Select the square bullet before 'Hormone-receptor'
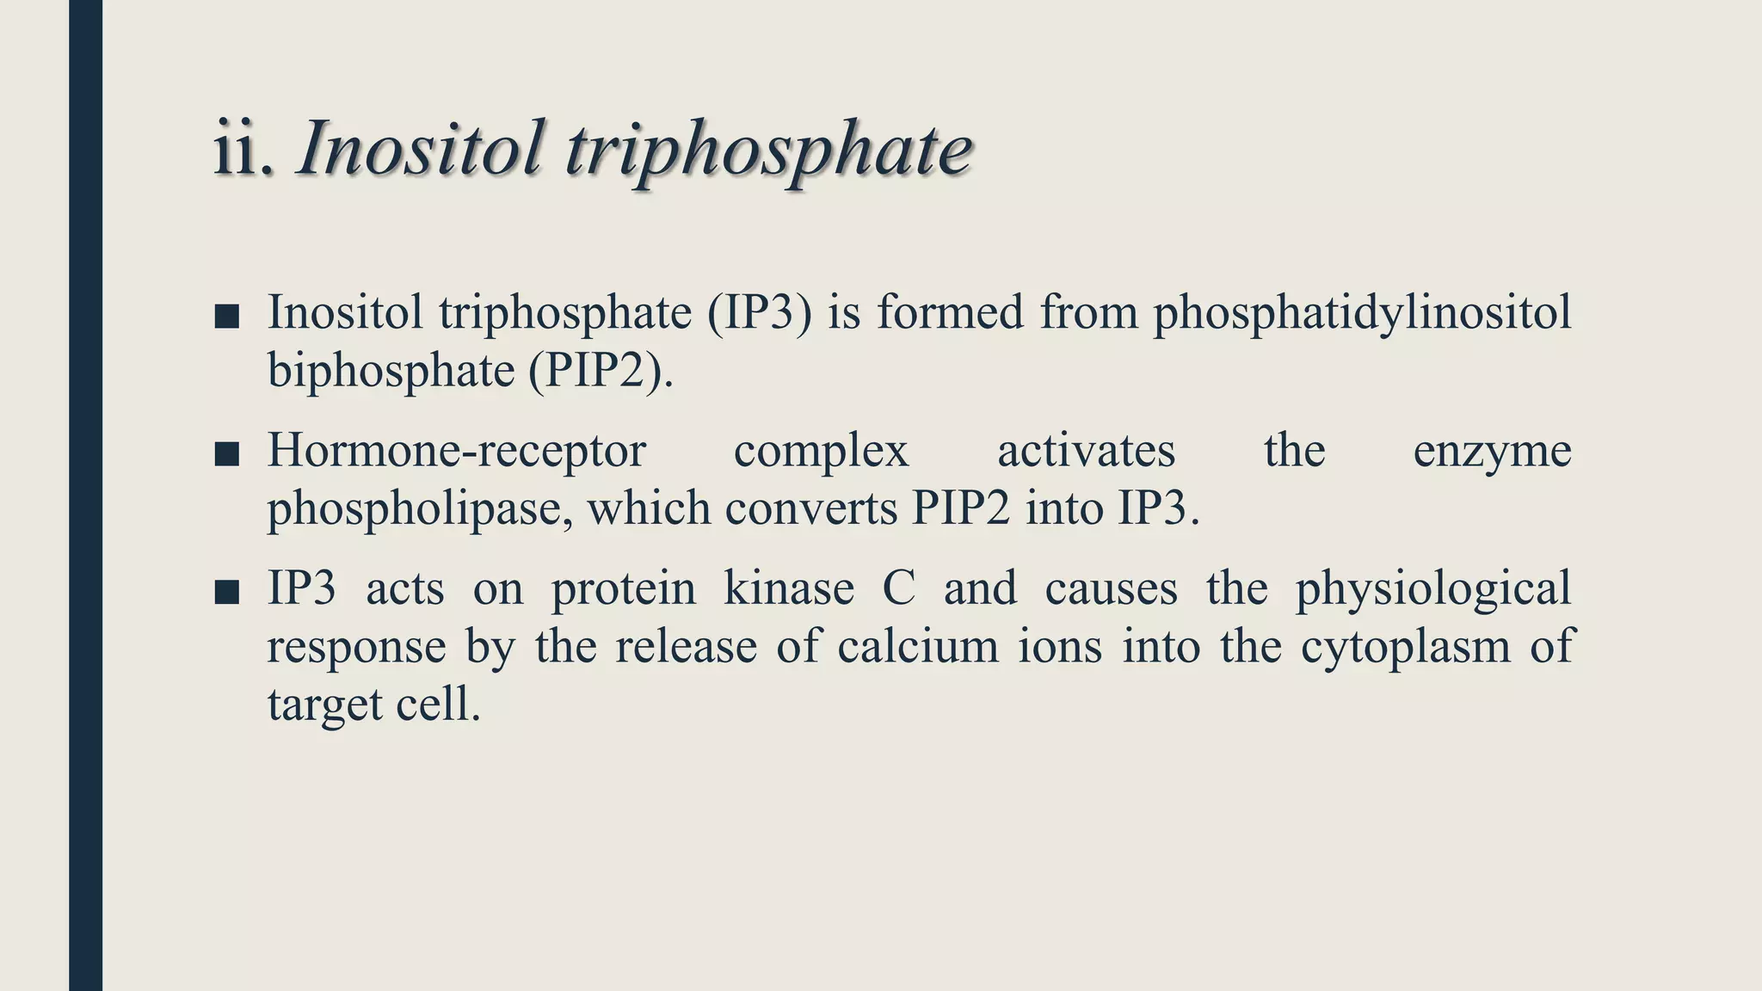tap(226, 453)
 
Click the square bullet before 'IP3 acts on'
tap(226, 592)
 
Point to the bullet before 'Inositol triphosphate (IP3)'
tap(226, 316)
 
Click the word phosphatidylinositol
tap(1362, 313)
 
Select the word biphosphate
tap(391, 372)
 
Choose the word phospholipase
tap(416, 510)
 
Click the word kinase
tap(789, 589)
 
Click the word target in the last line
tap(324, 705)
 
